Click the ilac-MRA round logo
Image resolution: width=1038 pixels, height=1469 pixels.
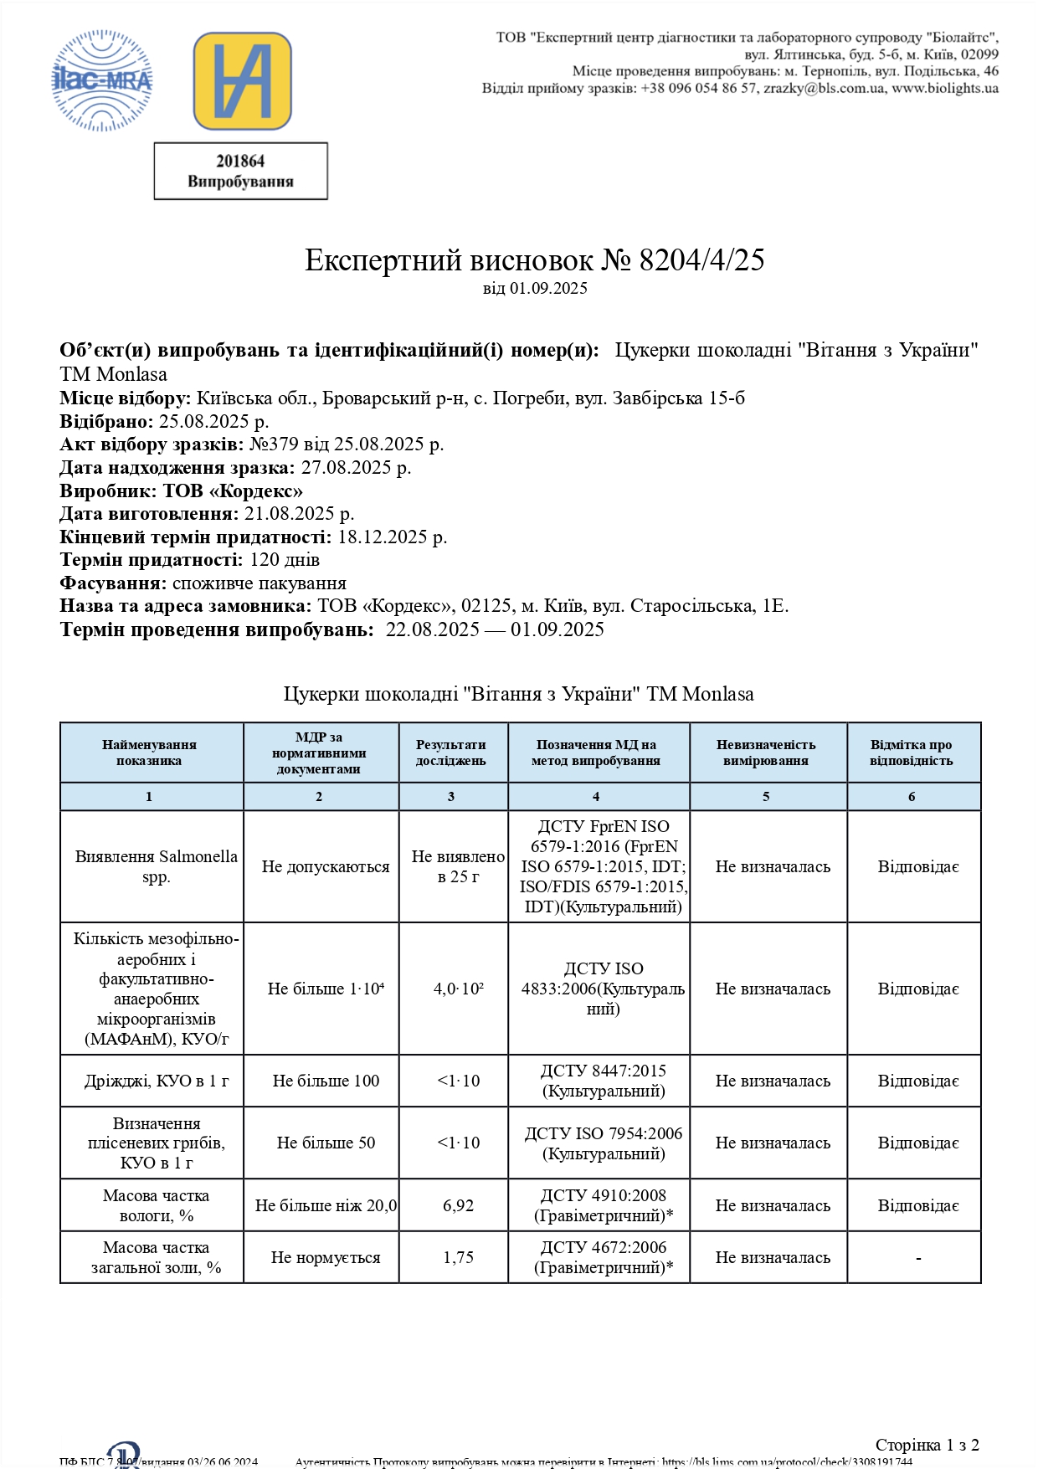pyautogui.click(x=102, y=80)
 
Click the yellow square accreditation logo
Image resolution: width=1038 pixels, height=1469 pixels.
pyautogui.click(x=242, y=81)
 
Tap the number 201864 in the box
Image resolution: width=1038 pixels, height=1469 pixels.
pyautogui.click(x=240, y=161)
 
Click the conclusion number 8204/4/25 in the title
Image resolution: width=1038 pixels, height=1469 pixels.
pyautogui.click(x=701, y=260)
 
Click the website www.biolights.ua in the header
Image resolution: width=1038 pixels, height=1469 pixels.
pyautogui.click(x=944, y=88)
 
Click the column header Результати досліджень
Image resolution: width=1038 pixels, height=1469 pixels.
pyautogui.click(x=451, y=752)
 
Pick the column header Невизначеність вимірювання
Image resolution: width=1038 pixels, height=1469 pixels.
pyautogui.click(x=766, y=752)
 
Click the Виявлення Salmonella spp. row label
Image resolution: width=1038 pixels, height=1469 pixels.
pyautogui.click(x=156, y=866)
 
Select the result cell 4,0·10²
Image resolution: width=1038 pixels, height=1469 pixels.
pyautogui.click(x=458, y=989)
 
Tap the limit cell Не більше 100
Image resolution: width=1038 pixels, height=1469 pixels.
pyautogui.click(x=326, y=1081)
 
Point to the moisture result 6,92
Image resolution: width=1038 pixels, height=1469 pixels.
pyautogui.click(x=458, y=1205)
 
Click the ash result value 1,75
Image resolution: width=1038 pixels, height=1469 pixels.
pyautogui.click(x=458, y=1257)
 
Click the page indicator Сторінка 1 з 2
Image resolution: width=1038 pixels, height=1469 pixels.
pyautogui.click(x=927, y=1445)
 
